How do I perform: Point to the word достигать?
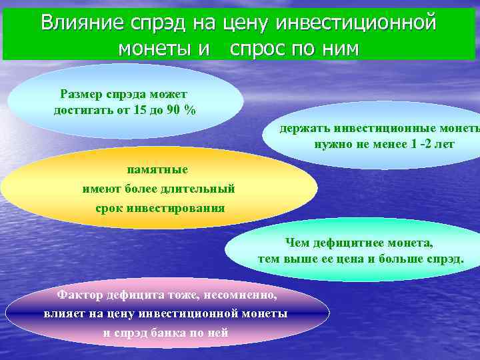[83, 110]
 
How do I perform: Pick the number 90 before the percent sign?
[177, 110]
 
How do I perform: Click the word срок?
[110, 208]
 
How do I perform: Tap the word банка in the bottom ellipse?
[165, 333]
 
